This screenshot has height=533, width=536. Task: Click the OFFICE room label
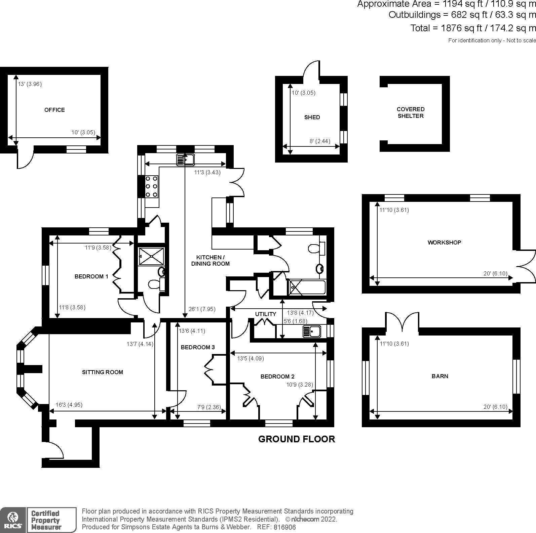tap(54, 110)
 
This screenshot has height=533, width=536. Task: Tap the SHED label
tap(312, 117)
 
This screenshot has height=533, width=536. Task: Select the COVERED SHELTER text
tap(410, 113)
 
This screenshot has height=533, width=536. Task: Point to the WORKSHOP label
tap(444, 242)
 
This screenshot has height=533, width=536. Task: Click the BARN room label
tap(439, 376)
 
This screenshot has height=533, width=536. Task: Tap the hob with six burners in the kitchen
tap(151, 187)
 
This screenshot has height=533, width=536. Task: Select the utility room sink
tap(312, 331)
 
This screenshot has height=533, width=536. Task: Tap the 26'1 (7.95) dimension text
tap(202, 309)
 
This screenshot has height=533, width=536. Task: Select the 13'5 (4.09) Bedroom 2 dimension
tap(250, 358)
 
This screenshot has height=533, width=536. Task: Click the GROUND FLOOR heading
tap(296, 439)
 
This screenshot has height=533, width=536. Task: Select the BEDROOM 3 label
tap(197, 347)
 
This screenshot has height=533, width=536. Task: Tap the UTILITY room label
tap(265, 314)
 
